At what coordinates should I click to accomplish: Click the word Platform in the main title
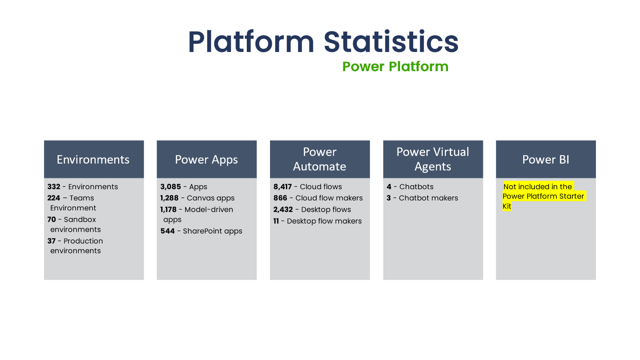(x=251, y=42)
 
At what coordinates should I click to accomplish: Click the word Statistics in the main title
(x=391, y=42)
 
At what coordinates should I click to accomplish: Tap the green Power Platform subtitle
(x=395, y=66)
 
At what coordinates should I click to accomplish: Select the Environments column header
(x=93, y=160)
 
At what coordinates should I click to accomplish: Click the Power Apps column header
(x=206, y=160)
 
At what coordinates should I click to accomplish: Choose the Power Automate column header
(x=320, y=159)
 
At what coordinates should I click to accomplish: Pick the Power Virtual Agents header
(x=433, y=159)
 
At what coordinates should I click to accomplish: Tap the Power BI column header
(x=546, y=160)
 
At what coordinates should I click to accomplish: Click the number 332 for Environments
(x=54, y=187)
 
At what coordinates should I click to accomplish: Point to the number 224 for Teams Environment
(x=54, y=198)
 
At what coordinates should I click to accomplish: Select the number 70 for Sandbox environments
(x=52, y=220)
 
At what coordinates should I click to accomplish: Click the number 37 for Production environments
(x=52, y=241)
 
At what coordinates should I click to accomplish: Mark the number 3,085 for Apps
(x=171, y=187)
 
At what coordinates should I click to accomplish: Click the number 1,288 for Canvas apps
(x=170, y=198)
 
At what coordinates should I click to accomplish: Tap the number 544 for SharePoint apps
(x=168, y=231)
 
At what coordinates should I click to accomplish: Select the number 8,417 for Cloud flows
(x=283, y=187)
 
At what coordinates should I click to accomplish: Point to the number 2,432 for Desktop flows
(x=283, y=210)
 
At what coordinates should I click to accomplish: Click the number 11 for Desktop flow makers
(x=276, y=221)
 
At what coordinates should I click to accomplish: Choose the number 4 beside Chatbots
(x=389, y=187)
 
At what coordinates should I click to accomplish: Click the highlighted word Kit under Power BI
(x=507, y=206)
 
